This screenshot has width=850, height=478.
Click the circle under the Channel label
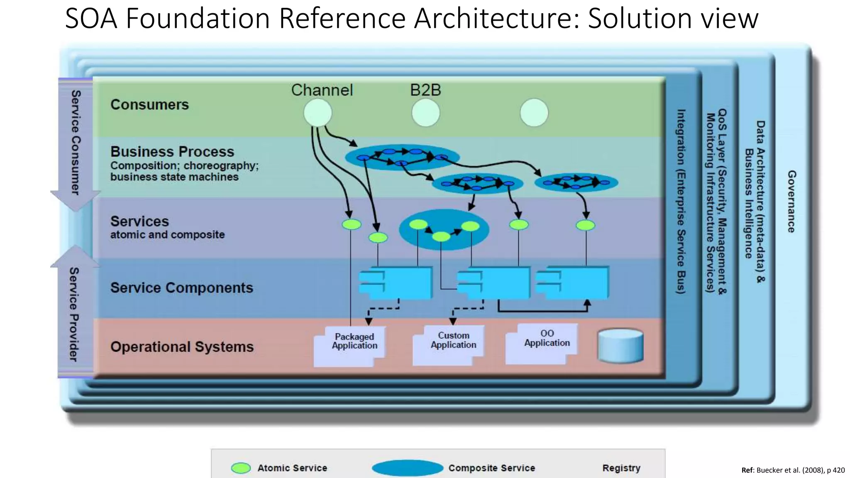coord(318,112)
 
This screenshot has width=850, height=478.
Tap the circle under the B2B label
coord(425,113)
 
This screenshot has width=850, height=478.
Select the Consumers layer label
coord(149,105)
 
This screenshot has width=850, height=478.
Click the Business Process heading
coord(172,151)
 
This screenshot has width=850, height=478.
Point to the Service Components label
coord(181,288)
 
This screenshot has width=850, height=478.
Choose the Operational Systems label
coord(182,346)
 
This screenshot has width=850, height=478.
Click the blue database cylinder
coord(620,346)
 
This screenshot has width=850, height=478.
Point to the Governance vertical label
coord(791,201)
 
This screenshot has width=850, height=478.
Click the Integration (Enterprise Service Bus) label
coord(681,201)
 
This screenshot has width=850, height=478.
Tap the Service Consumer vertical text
coord(75,142)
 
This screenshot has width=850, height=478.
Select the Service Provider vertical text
coord(74,314)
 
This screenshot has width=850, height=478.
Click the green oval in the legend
coord(241,468)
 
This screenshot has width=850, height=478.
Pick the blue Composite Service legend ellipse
coord(408,468)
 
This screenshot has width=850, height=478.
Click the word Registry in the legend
coord(621,468)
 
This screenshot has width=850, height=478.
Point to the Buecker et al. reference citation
coord(793,470)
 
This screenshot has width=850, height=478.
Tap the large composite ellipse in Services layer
coord(444,229)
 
